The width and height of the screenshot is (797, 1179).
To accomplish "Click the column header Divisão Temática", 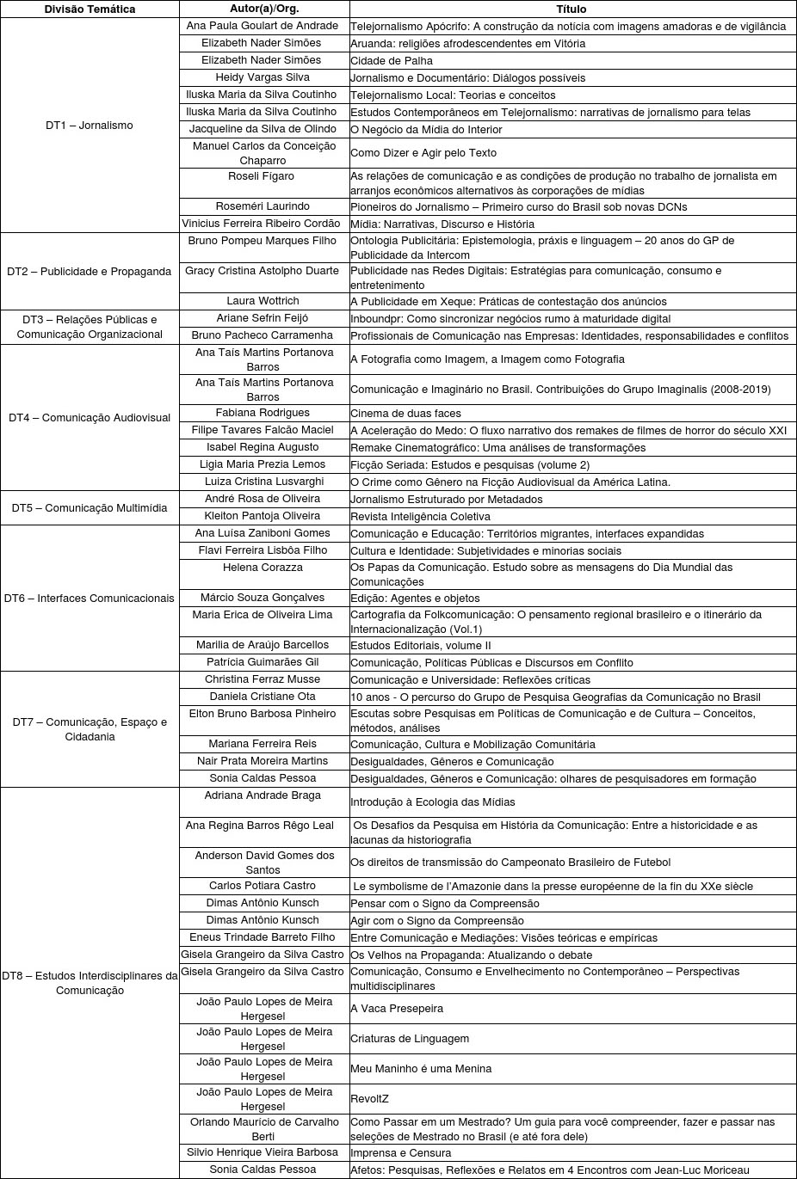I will [x=90, y=9].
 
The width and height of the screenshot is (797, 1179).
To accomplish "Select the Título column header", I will [x=571, y=9].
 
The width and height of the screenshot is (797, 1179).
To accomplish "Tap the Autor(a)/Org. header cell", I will [x=263, y=9].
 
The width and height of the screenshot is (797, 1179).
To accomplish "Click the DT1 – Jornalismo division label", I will [x=90, y=126].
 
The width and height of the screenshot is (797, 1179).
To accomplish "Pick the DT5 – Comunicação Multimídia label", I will [x=90, y=508].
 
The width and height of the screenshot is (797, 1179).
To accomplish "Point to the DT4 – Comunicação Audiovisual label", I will [x=90, y=418].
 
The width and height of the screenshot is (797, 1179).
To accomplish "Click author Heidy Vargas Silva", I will [x=263, y=77].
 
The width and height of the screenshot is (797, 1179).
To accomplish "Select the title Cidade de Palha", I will [x=392, y=61].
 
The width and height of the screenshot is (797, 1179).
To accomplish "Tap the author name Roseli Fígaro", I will [x=263, y=176].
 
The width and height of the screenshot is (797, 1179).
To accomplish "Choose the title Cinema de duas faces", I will [x=405, y=414].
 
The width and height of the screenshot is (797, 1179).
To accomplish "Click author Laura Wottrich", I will [x=263, y=301].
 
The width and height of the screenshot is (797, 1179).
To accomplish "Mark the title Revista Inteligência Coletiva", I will [x=420, y=517].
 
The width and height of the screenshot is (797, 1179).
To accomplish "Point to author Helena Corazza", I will [x=263, y=568].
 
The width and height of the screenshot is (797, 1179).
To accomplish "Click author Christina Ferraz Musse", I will [x=263, y=679].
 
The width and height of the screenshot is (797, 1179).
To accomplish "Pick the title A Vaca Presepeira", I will [x=397, y=1009].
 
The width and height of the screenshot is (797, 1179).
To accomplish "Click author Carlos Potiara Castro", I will [x=263, y=886].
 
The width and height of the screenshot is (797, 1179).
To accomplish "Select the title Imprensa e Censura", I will [x=400, y=1153].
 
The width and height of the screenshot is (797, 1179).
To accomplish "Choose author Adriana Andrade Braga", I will [x=263, y=795].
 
